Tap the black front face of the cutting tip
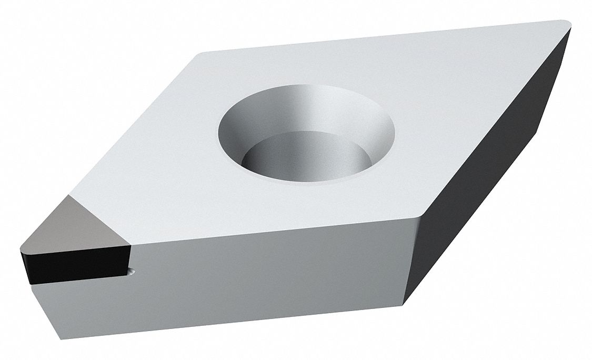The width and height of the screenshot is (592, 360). click(x=74, y=265)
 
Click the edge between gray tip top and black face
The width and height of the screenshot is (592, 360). click(x=74, y=247)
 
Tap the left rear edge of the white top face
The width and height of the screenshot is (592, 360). click(x=132, y=126)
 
